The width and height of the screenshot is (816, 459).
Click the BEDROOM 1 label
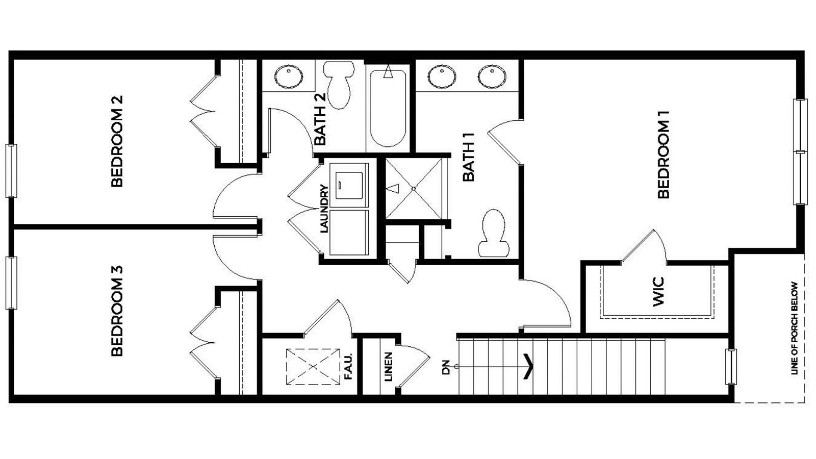[x=663, y=155]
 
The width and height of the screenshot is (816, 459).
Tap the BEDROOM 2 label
[x=117, y=141]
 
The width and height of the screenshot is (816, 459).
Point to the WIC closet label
[x=658, y=292]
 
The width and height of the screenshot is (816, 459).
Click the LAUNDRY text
[x=324, y=209]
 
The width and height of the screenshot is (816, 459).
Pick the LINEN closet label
[x=388, y=367]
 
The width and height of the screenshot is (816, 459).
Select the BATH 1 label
[x=468, y=157]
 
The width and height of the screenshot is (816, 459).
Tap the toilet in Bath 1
[x=493, y=234]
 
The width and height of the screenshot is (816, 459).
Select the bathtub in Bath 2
[x=388, y=108]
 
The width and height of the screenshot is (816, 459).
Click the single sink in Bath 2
[x=289, y=76]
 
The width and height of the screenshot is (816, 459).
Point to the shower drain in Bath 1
[x=414, y=189]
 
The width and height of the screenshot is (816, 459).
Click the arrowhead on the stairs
[x=529, y=367]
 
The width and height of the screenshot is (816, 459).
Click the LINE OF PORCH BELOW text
[x=794, y=328]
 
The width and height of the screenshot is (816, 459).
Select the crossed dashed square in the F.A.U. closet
[x=313, y=366]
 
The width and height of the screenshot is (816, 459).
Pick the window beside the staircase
[x=731, y=366]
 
